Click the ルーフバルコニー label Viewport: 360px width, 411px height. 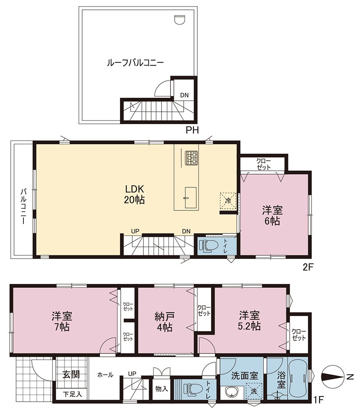pos(135,63)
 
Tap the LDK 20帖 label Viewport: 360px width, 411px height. pos(134,194)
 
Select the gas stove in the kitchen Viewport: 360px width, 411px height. pos(191,158)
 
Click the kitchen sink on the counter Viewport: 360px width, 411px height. pos(191,198)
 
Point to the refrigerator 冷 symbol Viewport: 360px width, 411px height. pos(228,201)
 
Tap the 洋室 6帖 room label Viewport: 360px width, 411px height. pos(272,216)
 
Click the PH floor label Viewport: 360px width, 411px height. pos(192,130)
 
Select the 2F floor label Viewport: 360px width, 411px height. pos(307,267)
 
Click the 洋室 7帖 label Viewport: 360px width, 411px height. pos(62,321)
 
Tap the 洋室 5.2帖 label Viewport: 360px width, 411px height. pos(249,321)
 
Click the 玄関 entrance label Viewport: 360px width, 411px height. pos(71,374)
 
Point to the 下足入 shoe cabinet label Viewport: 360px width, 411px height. pos(72,394)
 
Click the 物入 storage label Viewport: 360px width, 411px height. pos(162,389)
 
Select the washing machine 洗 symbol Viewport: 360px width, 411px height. pos(254,391)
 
